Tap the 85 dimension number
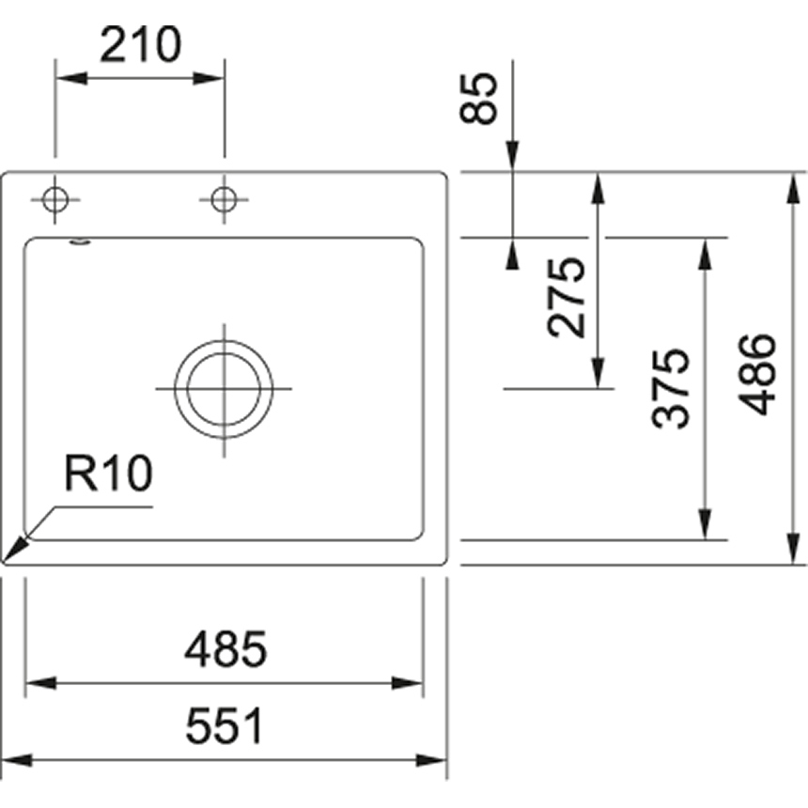[x=479, y=99]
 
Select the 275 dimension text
[x=568, y=297]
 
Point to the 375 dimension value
[x=673, y=389]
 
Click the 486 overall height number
[x=757, y=374]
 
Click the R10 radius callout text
[x=107, y=475]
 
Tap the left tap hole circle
[x=55, y=199]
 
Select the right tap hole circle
[x=224, y=199]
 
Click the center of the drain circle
[x=224, y=389]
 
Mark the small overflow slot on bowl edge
[x=81, y=243]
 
